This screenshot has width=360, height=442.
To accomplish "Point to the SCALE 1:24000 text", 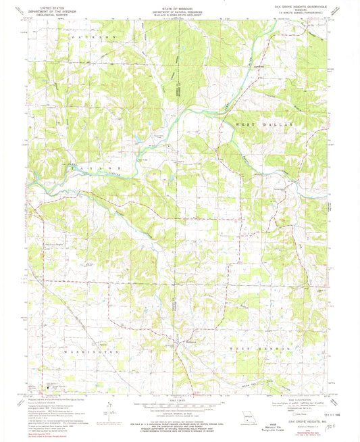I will pyautogui.click(x=179, y=397).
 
